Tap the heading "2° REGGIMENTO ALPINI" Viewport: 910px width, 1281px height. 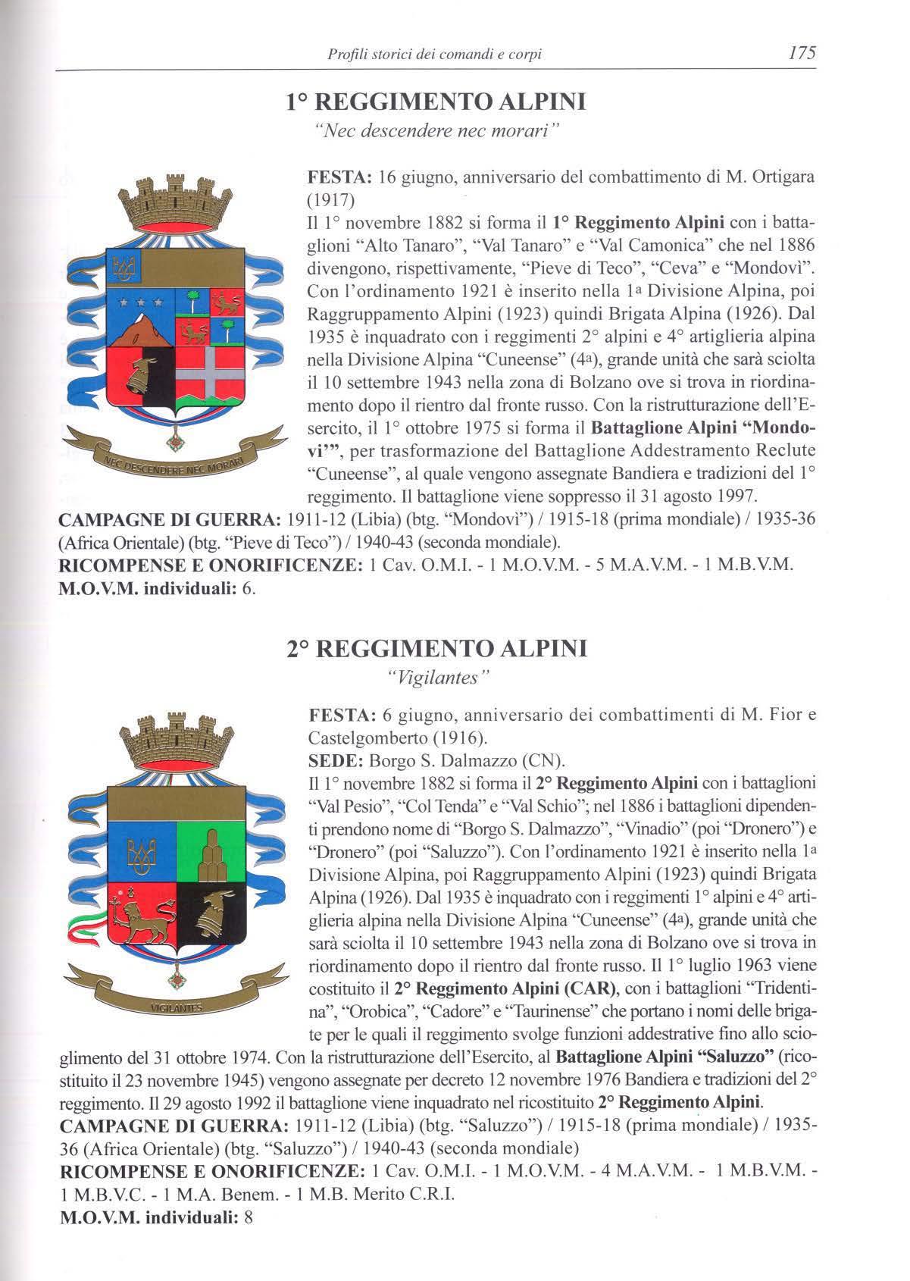(437, 649)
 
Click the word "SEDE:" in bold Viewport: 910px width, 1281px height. (336, 760)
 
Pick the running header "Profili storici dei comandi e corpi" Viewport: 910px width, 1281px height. (435, 54)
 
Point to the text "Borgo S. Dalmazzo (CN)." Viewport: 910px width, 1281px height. (467, 760)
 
